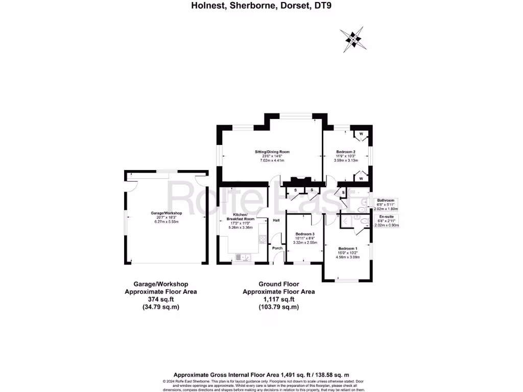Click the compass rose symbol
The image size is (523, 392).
pyautogui.click(x=352, y=39)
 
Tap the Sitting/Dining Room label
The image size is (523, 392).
pyautogui.click(x=272, y=152)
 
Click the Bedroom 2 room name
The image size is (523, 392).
pyautogui.click(x=346, y=152)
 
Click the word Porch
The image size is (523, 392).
pyautogui.click(x=277, y=248)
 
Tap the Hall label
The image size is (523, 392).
pyautogui.click(x=276, y=220)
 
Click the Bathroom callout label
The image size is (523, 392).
pyautogui.click(x=386, y=201)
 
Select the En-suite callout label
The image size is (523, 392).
pyautogui.click(x=386, y=216)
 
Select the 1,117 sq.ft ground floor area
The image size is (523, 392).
pyautogui.click(x=278, y=299)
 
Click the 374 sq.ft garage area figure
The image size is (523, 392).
pyautogui.click(x=161, y=299)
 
